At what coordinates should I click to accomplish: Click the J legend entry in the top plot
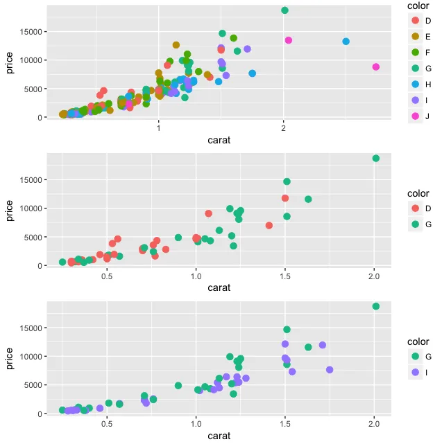tap(416, 116)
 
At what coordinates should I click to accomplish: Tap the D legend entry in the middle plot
tap(416, 208)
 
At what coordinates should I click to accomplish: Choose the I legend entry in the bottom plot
tap(416, 372)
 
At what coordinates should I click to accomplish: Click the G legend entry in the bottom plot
tap(416, 357)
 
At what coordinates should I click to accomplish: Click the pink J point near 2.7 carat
tap(375, 67)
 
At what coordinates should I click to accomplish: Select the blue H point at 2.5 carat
tap(346, 42)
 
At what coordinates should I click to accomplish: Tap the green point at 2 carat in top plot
tap(284, 10)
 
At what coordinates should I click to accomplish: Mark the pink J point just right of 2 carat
tap(289, 40)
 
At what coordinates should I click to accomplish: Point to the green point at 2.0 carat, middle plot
tap(375, 159)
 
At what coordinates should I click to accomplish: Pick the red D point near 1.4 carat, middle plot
tap(269, 225)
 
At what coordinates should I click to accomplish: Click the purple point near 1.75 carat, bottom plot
tap(330, 370)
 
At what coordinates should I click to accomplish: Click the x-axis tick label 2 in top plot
tap(284, 128)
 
